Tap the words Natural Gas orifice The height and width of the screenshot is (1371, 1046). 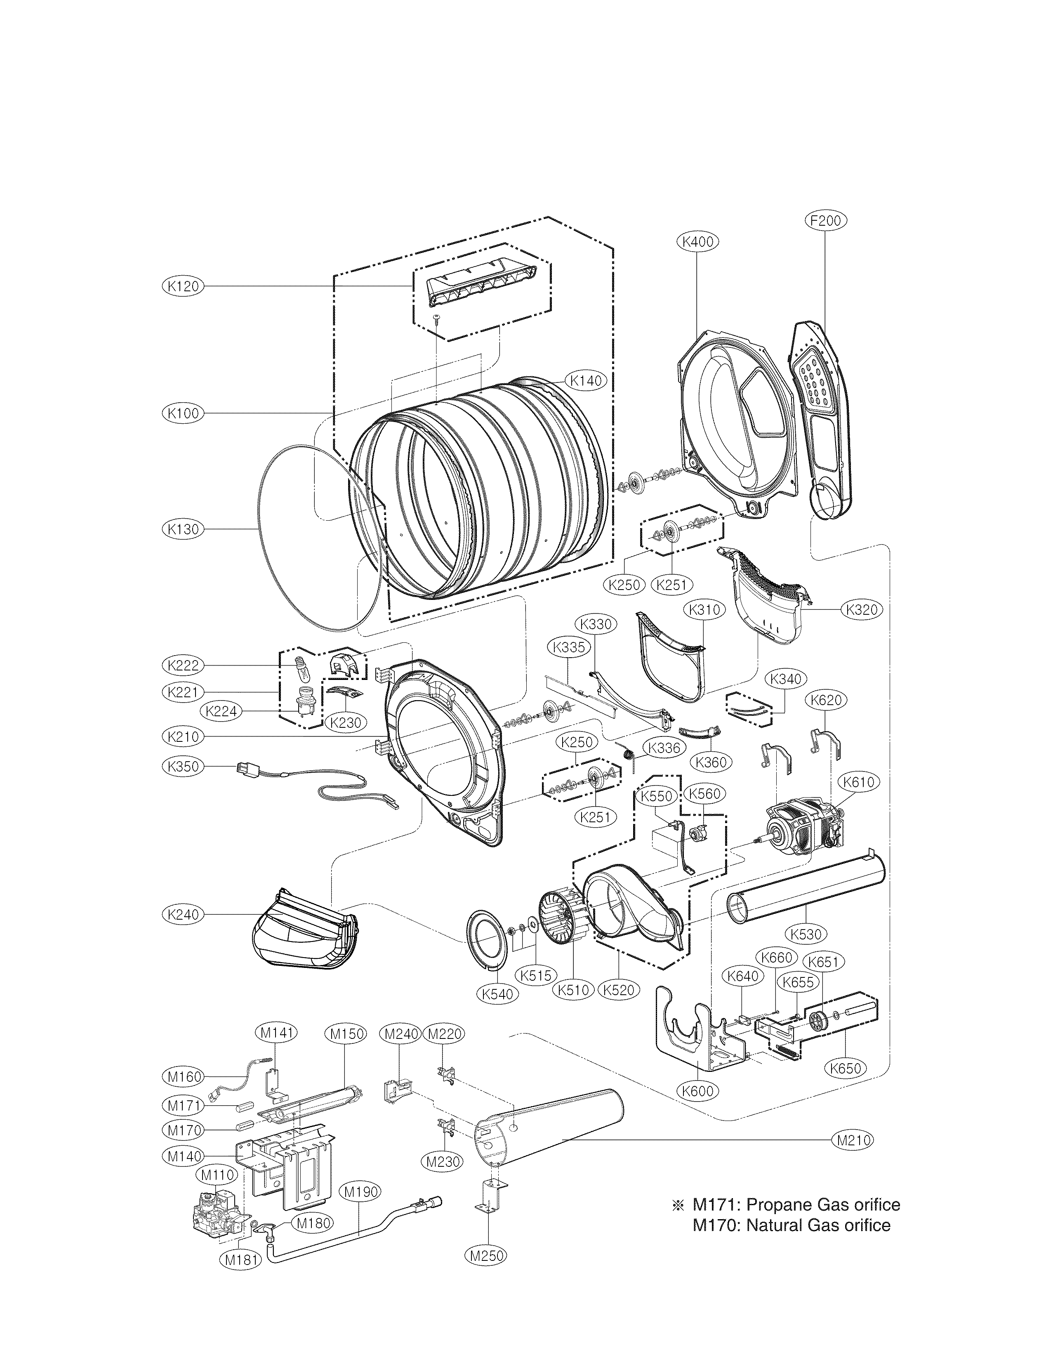(x=818, y=1225)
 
